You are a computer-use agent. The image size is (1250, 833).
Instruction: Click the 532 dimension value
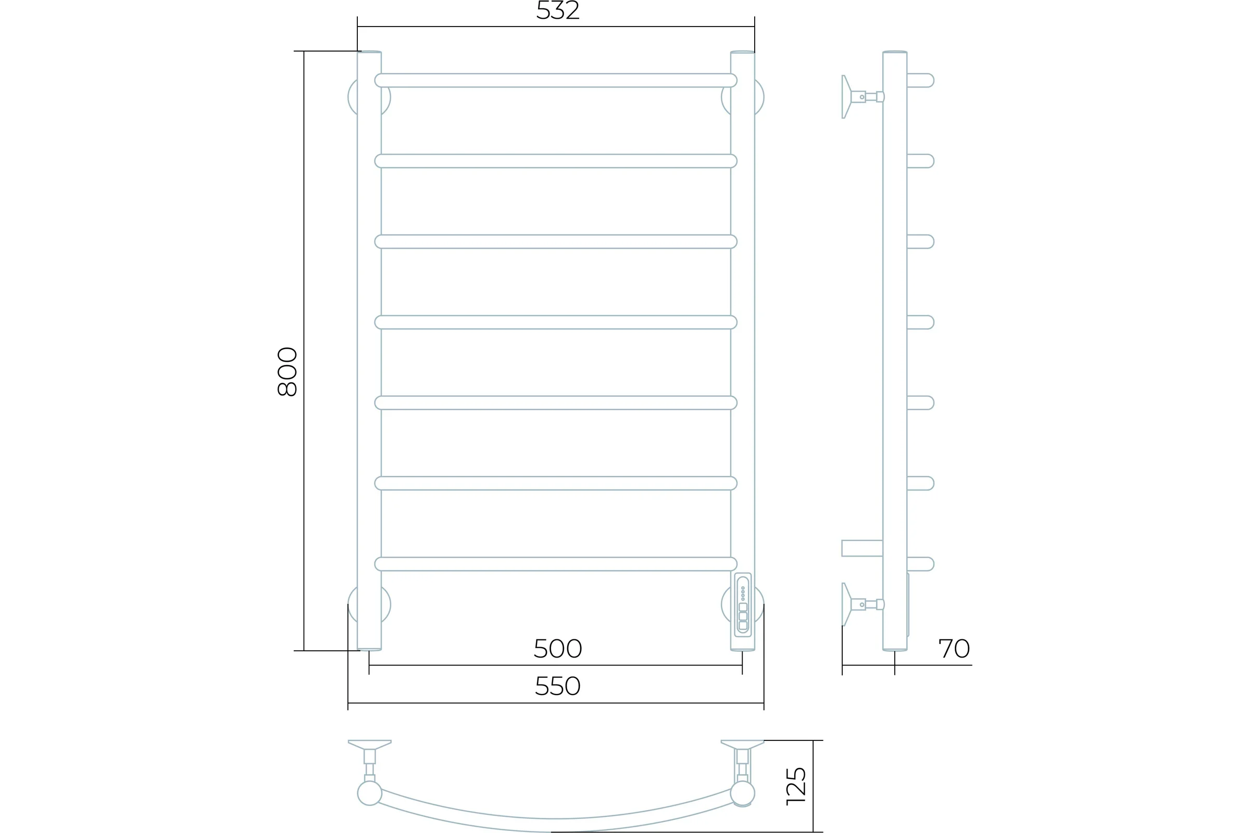(x=557, y=10)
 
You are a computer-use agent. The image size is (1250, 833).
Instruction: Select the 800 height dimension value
(x=287, y=371)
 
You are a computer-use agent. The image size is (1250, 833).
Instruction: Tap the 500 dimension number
(x=557, y=648)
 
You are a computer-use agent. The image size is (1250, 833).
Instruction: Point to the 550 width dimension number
(x=557, y=686)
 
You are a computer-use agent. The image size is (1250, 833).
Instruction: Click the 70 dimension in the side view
(x=954, y=648)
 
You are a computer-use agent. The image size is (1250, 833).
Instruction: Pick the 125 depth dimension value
(x=796, y=786)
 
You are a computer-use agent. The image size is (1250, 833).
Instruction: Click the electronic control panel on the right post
(x=743, y=604)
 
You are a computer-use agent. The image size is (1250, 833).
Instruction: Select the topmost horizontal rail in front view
(x=556, y=80)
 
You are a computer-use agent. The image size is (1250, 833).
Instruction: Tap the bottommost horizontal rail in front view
(x=556, y=564)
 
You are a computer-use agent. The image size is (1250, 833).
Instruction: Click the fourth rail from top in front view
(x=556, y=322)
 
